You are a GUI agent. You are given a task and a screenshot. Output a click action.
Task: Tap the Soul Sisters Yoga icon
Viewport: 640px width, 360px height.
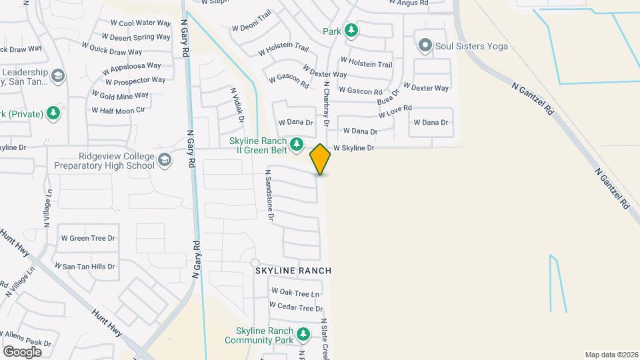click(425, 46)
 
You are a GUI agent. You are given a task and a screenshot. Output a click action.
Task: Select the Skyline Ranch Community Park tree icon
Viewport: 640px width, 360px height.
click(303, 333)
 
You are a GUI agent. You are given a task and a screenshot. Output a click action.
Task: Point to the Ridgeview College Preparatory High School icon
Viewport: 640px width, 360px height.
click(165, 159)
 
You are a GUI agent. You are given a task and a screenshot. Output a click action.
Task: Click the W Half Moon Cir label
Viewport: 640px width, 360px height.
click(118, 110)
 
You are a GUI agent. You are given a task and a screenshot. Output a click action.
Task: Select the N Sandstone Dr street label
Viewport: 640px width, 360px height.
click(269, 195)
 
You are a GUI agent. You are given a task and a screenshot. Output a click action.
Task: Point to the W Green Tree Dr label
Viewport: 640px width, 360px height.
click(88, 238)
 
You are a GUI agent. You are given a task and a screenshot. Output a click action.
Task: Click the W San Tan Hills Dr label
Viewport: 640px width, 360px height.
click(88, 266)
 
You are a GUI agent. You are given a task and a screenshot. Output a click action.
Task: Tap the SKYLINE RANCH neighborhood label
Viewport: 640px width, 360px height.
click(293, 271)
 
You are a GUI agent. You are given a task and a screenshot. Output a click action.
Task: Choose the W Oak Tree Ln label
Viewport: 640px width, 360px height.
click(295, 293)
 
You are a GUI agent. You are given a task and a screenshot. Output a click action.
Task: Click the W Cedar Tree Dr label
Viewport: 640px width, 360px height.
click(296, 307)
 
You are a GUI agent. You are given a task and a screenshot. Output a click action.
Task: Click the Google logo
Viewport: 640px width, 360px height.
click(22, 351)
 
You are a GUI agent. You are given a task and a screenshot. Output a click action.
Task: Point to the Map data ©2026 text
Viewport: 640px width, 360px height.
click(611, 355)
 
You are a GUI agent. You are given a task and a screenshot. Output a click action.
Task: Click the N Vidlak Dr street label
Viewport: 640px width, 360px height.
click(237, 105)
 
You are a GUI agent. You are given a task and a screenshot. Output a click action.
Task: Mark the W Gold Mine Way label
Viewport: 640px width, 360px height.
click(120, 95)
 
